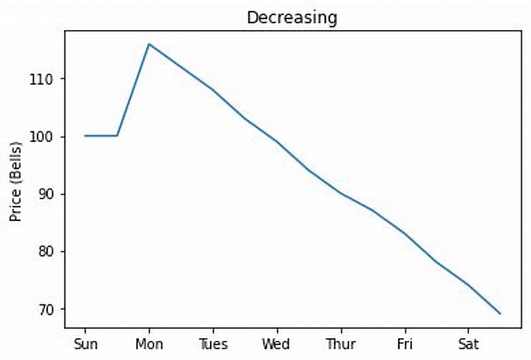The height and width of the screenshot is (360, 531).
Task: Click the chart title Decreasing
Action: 292,18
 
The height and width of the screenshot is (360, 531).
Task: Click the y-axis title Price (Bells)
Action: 15,181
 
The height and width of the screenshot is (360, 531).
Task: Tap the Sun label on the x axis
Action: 85,344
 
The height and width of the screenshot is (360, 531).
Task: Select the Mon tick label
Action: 149,344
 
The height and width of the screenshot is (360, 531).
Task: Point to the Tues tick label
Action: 213,344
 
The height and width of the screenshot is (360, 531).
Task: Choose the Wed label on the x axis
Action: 276,344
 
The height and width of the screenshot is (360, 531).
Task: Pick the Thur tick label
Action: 341,344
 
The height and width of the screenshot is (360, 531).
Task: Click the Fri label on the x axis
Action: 404,344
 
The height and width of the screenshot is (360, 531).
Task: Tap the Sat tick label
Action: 468,344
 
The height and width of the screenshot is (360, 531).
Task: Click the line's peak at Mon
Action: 149,44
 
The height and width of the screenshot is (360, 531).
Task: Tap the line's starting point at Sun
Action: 85,135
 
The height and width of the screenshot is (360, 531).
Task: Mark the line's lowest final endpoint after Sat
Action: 500,314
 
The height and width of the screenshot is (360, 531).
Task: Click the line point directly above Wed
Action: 276,141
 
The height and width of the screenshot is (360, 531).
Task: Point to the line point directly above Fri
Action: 404,234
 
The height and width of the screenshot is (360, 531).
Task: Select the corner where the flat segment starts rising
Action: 117,135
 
